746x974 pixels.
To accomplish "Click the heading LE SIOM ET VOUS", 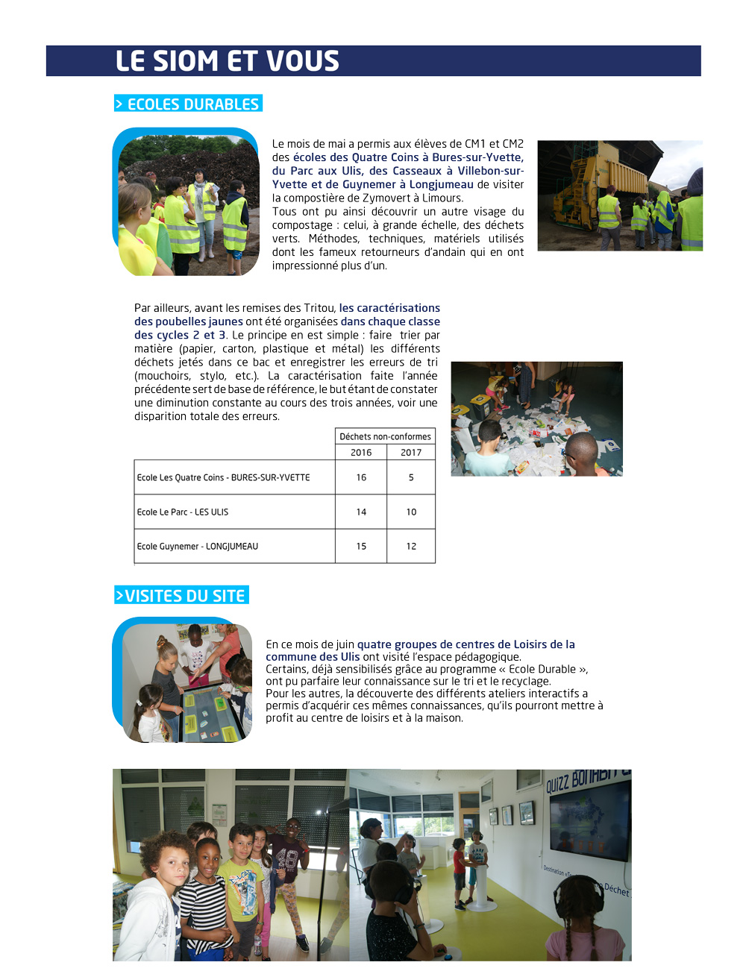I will coord(227,61).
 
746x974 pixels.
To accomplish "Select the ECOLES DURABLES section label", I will coord(189,104).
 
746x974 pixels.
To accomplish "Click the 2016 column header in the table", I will coord(361,453).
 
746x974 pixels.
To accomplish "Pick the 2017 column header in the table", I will coord(411,453).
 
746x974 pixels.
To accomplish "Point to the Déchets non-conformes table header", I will coord(385,437).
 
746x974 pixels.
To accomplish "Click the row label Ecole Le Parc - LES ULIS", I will coord(183,512).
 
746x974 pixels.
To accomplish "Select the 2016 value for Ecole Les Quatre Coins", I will coord(361,478).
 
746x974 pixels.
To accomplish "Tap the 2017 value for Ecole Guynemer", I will coord(411,547).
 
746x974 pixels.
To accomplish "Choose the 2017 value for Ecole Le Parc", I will coord(411,512).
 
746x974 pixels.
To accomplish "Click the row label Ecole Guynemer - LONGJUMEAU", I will coord(198,547).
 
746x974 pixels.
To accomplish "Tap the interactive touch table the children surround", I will coord(211,713).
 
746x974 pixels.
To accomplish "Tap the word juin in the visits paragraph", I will coord(344,645).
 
